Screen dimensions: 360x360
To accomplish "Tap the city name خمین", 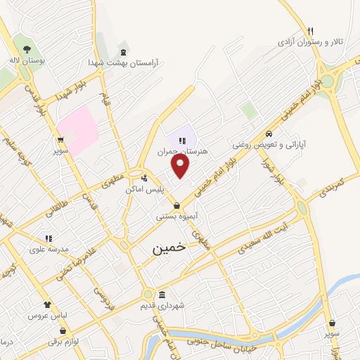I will pos(169,248).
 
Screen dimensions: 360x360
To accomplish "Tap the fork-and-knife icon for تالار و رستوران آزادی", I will pos(310,30).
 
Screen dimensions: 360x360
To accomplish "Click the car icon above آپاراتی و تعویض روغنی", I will pos(269,134).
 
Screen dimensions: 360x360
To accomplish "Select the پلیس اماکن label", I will pos(144,190).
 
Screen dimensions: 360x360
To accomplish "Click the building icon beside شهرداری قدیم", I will pos(162,294).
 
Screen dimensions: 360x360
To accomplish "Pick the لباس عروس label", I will pos(47,316).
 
